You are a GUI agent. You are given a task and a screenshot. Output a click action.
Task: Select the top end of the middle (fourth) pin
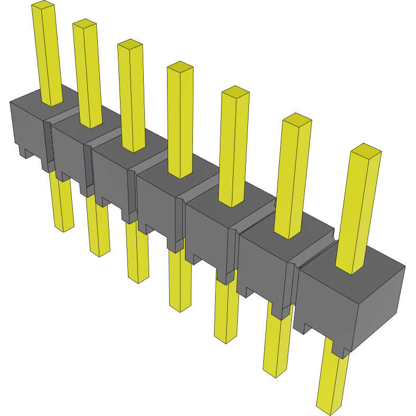(x=180, y=67)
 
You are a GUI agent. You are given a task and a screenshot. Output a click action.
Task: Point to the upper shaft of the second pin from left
(x=88, y=74)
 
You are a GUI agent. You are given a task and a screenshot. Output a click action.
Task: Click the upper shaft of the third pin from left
(x=132, y=95)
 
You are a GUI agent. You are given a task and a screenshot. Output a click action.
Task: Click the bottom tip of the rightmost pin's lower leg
(x=329, y=409)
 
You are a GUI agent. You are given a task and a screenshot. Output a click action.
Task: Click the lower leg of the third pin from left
(x=137, y=254)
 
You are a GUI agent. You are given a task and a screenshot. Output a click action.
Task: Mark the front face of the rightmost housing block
(x=325, y=307)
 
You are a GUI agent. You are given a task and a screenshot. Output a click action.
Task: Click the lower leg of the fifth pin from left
(x=226, y=312)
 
